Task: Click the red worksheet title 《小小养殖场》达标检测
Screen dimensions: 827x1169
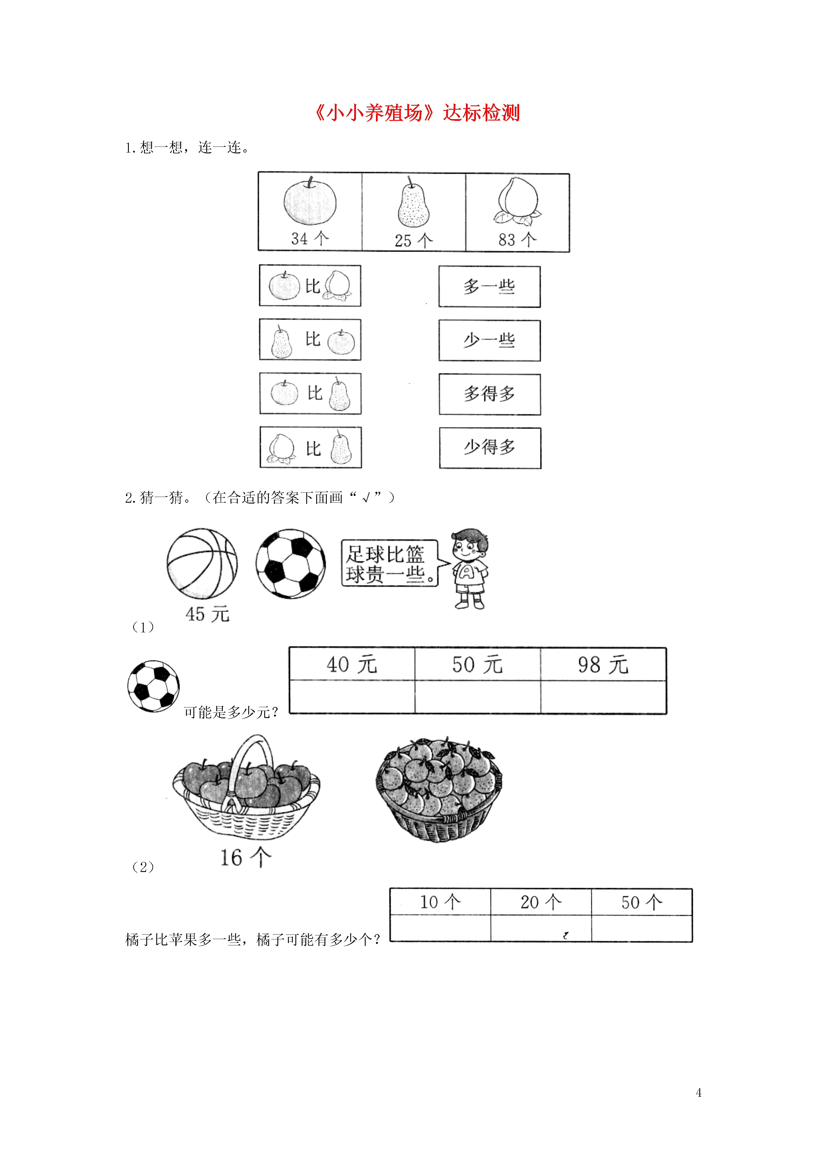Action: pyautogui.click(x=416, y=113)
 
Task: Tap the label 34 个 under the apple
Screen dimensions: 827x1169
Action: pyautogui.click(x=310, y=238)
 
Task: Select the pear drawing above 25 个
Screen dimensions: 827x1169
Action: pyautogui.click(x=413, y=203)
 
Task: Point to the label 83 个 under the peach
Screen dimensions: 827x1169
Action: pyautogui.click(x=517, y=239)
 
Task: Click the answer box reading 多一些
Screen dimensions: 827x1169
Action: pyautogui.click(x=489, y=287)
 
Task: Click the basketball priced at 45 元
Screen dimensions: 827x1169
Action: pyautogui.click(x=202, y=564)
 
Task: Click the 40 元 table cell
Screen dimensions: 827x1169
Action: pyautogui.click(x=352, y=664)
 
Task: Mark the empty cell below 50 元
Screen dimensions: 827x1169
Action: pyautogui.click(x=478, y=697)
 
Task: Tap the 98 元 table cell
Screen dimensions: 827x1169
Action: pyautogui.click(x=603, y=664)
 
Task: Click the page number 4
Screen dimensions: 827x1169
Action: pyautogui.click(x=699, y=1093)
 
